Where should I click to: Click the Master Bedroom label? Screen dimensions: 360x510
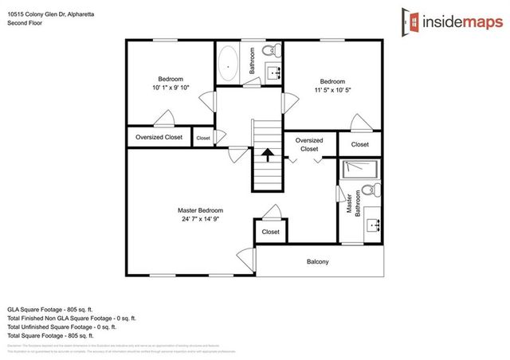(x=200, y=210)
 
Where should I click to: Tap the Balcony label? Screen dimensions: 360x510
(x=317, y=262)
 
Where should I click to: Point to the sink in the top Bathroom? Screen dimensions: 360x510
(x=275, y=74)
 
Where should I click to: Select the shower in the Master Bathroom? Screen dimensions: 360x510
(x=360, y=169)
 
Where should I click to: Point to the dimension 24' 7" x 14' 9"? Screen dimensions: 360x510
(x=200, y=220)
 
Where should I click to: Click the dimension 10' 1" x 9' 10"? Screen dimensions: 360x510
(x=171, y=88)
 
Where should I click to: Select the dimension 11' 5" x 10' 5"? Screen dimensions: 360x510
(x=332, y=90)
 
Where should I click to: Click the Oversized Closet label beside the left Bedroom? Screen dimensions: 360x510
(x=160, y=137)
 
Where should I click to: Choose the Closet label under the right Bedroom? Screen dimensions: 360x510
(x=359, y=144)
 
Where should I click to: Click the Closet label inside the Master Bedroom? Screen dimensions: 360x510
(x=270, y=232)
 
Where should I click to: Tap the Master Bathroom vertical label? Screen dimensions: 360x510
(x=348, y=204)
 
